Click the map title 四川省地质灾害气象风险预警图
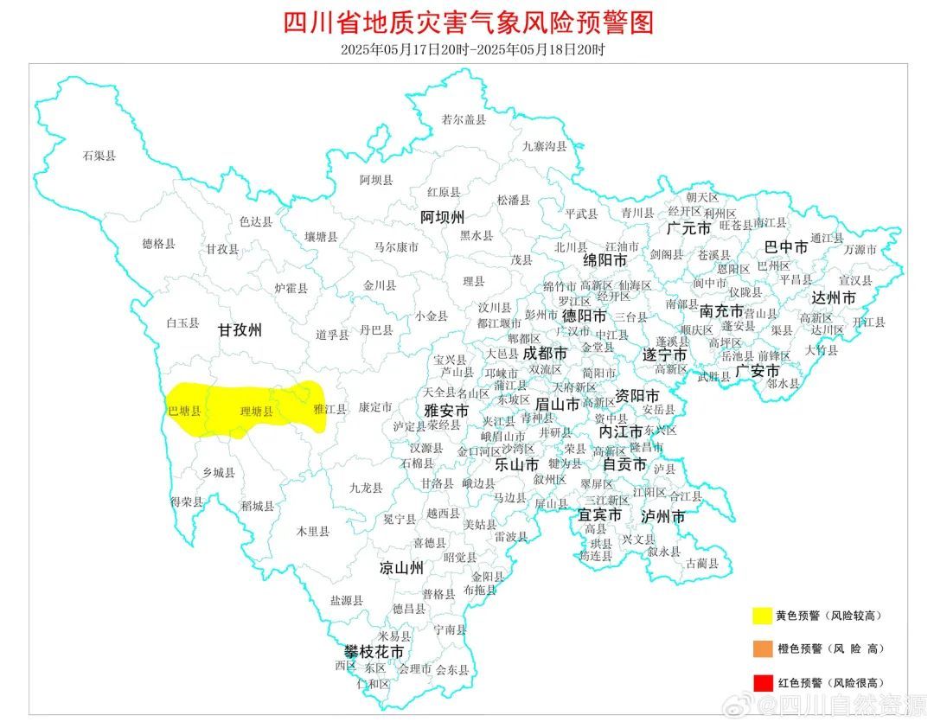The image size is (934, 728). [468, 22]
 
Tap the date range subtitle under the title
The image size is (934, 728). [472, 49]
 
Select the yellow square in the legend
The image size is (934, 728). [761, 616]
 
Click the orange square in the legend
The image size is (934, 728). [761, 648]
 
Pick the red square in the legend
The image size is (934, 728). [761, 683]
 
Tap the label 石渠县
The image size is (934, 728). [99, 156]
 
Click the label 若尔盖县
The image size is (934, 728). [464, 120]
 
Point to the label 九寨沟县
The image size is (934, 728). [544, 147]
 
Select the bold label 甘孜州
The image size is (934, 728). [239, 330]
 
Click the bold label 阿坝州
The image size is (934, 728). [442, 216]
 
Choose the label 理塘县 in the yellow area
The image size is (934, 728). [256, 412]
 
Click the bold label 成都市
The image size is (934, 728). [545, 354]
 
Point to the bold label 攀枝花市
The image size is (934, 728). [374, 650]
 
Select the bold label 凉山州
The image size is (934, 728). [401, 568]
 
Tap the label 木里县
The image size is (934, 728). [312, 532]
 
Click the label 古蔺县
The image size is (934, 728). [701, 564]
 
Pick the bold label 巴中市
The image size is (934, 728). [786, 247]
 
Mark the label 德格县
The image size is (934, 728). [158, 245]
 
